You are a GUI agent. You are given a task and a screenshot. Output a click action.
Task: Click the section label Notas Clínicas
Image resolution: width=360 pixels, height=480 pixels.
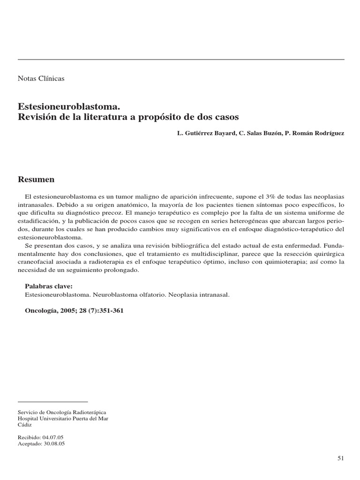coord(41,78)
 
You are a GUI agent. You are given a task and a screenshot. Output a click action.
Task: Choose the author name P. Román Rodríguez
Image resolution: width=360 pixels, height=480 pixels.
coord(314,134)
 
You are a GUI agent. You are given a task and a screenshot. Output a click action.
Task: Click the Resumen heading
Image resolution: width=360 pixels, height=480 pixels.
coord(36,180)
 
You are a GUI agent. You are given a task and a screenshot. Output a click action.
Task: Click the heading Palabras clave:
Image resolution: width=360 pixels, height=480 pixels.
coord(48,286)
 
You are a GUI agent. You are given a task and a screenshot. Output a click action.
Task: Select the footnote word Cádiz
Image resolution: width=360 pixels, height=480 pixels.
coord(25,425)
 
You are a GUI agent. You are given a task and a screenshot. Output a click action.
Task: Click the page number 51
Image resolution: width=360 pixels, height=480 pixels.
coord(340,458)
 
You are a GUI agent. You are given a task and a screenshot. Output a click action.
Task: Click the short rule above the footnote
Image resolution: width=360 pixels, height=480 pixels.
coord(52,402)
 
